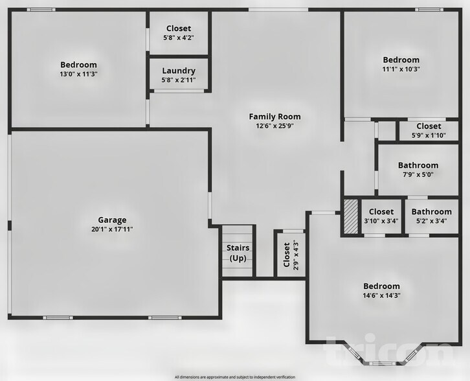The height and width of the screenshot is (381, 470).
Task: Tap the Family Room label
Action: (x=274, y=117)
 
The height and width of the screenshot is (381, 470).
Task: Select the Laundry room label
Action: (x=178, y=71)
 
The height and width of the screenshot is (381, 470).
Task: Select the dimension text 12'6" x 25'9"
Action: (x=274, y=126)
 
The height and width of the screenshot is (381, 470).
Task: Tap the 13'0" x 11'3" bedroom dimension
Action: (x=78, y=74)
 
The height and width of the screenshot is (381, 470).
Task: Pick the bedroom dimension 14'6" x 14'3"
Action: (x=381, y=295)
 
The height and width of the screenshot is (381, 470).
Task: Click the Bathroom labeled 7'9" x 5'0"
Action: (x=418, y=165)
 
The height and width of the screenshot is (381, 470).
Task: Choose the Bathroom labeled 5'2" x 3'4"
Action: (x=431, y=212)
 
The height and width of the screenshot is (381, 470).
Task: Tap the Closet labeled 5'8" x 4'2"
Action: (x=179, y=29)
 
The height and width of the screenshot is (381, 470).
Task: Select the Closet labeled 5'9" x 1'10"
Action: (x=429, y=126)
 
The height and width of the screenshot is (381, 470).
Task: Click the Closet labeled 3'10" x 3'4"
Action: (x=381, y=212)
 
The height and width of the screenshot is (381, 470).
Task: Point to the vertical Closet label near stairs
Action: (x=286, y=255)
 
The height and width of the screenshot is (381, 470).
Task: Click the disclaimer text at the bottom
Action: (x=234, y=376)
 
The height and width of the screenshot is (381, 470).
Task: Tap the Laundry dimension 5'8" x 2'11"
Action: (x=178, y=80)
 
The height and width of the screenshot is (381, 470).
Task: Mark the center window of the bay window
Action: (x=378, y=360)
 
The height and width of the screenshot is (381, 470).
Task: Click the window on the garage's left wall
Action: (x=9, y=226)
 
